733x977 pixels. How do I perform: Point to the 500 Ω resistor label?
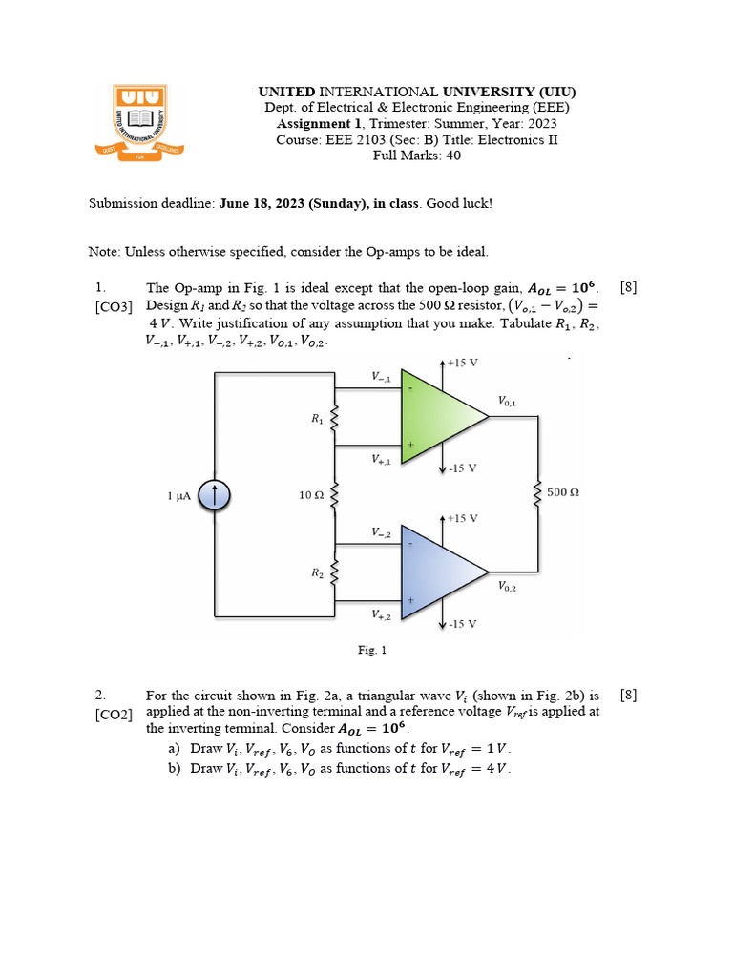point(564,493)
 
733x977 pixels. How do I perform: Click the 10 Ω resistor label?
point(311,494)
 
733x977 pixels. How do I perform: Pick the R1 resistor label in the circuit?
point(317,419)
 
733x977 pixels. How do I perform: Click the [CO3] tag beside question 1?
point(114,306)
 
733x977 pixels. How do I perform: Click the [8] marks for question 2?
point(628,696)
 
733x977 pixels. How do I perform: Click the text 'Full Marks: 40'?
point(416,156)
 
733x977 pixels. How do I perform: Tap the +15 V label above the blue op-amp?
point(463,518)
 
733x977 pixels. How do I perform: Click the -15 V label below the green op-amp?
point(463,468)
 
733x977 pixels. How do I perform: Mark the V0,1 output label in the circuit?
point(506,402)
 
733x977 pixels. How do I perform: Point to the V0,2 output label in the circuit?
point(507,588)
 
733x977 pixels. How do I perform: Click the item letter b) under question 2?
point(174,768)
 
